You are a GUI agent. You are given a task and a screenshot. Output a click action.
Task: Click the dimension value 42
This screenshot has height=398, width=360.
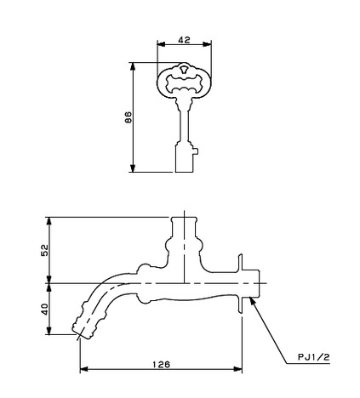(x=184, y=40)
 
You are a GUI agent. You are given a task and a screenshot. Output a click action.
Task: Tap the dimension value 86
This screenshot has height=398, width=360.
(x=129, y=117)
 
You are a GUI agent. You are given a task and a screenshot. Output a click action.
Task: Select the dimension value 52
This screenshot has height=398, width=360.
(x=45, y=250)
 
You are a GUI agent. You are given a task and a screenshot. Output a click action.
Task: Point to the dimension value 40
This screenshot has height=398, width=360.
(x=45, y=309)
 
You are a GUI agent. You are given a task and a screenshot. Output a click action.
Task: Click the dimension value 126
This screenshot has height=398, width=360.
(x=162, y=364)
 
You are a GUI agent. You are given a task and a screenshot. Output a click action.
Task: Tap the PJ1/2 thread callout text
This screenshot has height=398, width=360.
(x=314, y=357)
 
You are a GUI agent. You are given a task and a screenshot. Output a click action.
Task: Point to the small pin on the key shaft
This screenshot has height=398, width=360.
(x=196, y=151)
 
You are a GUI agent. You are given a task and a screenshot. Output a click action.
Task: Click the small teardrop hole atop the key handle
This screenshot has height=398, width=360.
(x=184, y=69)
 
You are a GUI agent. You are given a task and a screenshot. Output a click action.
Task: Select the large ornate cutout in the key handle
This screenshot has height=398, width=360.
(x=184, y=82)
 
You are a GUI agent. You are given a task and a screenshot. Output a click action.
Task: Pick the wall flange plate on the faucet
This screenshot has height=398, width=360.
(x=241, y=284)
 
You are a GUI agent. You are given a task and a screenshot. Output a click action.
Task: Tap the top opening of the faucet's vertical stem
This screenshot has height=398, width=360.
(x=184, y=218)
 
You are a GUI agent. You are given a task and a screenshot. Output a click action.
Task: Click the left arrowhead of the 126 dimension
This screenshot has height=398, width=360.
(x=84, y=369)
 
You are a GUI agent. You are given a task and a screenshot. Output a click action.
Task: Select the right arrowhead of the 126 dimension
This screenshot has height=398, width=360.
(x=237, y=369)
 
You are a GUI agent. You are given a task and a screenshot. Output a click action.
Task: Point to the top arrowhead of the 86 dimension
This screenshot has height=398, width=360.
(x=133, y=67)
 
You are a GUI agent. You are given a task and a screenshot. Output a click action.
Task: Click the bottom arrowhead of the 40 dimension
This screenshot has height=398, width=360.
(x=49, y=330)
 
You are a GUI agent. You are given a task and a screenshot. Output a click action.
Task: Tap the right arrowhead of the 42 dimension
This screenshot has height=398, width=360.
(x=207, y=44)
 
